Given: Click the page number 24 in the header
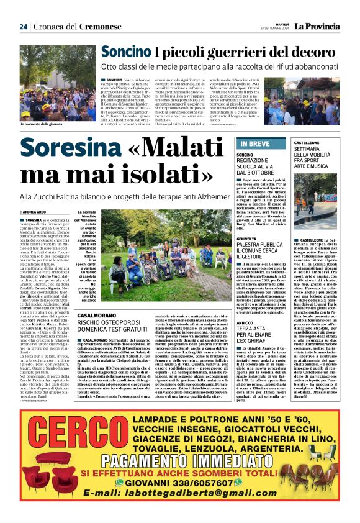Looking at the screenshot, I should point(23,27).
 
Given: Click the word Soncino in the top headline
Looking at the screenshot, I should point(123,52).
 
